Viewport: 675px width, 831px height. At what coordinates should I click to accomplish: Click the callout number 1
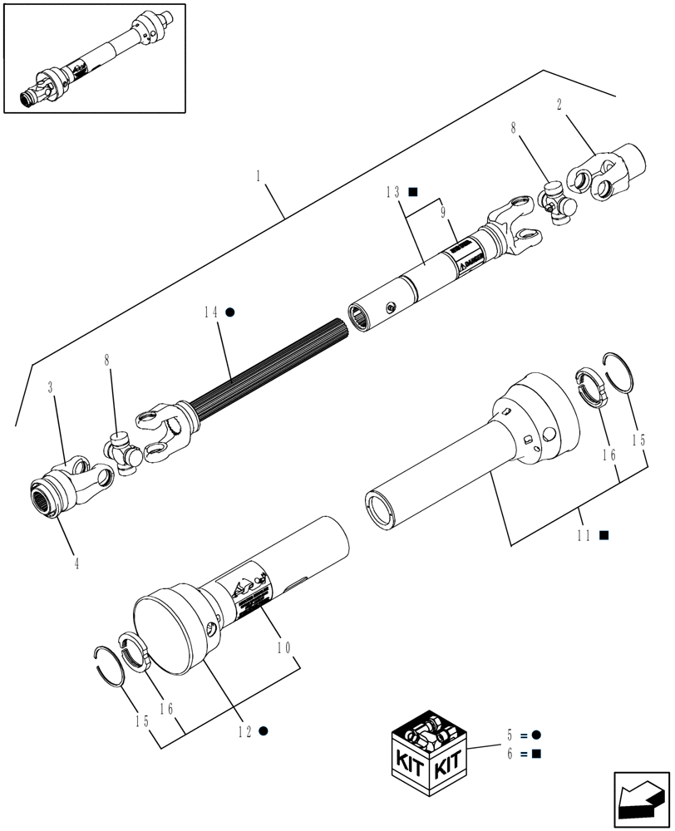(x=259, y=176)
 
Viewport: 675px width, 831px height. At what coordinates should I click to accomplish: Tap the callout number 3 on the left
(x=52, y=388)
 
